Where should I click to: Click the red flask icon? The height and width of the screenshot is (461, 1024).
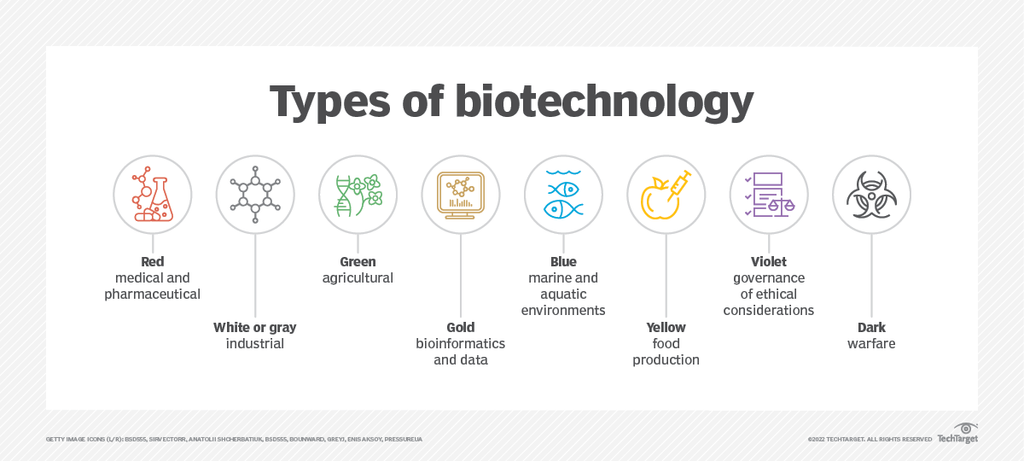(152, 195)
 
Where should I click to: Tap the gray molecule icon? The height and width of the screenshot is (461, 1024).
(255, 195)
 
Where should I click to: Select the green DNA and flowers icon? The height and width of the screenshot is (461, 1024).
(358, 195)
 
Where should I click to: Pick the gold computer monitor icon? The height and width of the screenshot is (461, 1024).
(460, 195)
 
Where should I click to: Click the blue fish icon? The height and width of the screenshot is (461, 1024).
(563, 195)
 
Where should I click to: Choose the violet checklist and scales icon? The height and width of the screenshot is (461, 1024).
(769, 195)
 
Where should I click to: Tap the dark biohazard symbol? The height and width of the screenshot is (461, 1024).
(871, 195)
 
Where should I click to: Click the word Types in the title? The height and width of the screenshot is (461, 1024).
(330, 102)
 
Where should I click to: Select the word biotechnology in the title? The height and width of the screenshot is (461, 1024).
(604, 102)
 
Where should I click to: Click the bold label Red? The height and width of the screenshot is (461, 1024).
(152, 261)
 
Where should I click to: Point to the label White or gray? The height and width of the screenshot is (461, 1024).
(255, 328)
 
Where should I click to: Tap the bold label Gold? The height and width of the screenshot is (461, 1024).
(460, 328)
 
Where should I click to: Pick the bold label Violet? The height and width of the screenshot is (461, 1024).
(769, 261)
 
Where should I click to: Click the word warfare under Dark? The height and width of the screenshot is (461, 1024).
(871, 343)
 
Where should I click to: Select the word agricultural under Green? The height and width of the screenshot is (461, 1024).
(358, 278)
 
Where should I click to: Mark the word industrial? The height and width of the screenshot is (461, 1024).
(255, 343)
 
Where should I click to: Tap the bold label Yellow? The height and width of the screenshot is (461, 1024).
(666, 328)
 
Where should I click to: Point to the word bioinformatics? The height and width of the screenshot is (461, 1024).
(460, 343)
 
